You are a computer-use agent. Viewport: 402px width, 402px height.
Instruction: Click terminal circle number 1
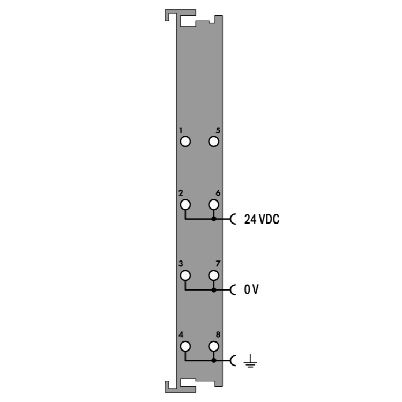coord(185,142)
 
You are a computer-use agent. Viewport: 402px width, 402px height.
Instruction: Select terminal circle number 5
coord(213,142)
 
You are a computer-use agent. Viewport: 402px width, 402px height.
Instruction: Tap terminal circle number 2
coord(185,205)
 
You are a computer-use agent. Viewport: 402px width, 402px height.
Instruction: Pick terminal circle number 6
coord(213,205)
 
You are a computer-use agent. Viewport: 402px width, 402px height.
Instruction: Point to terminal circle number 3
coord(185,276)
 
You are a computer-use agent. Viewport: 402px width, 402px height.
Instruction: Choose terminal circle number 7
coord(213,276)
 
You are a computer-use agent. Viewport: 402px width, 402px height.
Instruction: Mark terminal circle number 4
coord(185,346)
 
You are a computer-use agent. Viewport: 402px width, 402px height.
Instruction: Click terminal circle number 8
coord(213,346)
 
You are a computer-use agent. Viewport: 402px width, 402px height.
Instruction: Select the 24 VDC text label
coord(262,219)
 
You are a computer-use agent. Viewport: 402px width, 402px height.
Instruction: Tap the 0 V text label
coord(251,289)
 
